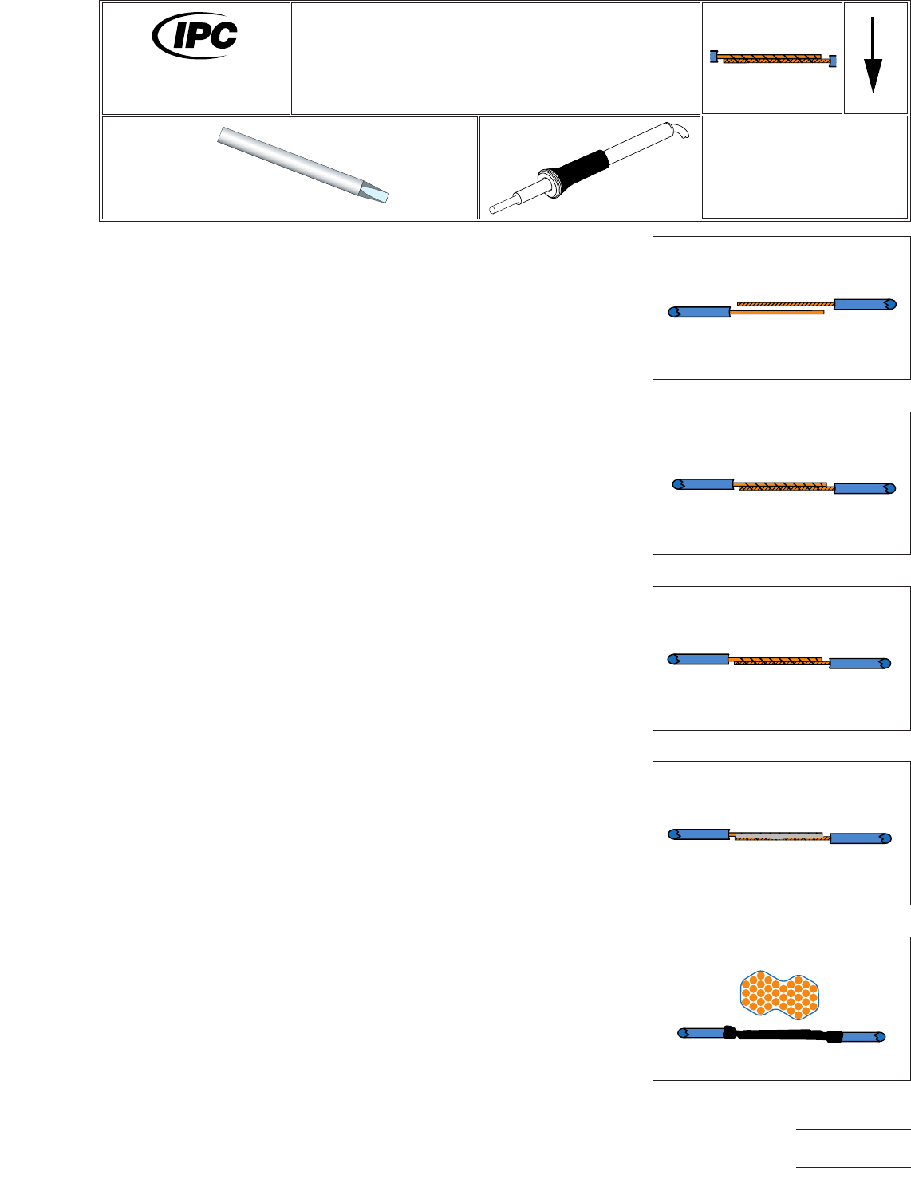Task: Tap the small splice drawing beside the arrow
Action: pos(772,58)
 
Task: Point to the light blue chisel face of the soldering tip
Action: pos(375,192)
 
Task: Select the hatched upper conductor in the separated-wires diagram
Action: pos(785,303)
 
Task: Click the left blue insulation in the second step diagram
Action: pos(704,484)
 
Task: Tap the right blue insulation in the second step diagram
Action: pos(864,488)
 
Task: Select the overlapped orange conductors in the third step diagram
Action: pos(778,661)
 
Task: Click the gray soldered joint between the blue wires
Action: pos(778,836)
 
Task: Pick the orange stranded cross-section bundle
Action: pos(779,994)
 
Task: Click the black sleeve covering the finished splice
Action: pos(782,1035)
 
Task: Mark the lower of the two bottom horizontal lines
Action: pos(853,1168)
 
